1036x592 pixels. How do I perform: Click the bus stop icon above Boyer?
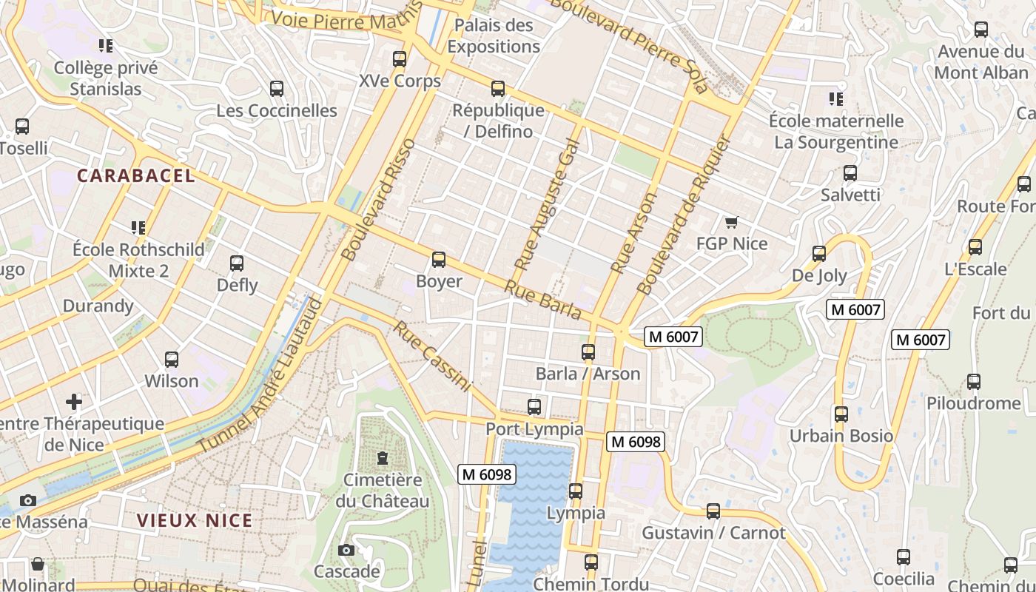tap(439, 260)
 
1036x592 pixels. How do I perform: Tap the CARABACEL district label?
tap(136, 176)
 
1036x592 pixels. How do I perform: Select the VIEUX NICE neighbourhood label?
tap(195, 520)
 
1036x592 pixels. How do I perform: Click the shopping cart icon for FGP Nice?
tap(732, 222)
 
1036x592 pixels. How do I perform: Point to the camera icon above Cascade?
tap(346, 550)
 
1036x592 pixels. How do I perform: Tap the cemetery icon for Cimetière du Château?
tap(383, 458)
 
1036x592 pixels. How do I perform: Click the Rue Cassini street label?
tap(432, 356)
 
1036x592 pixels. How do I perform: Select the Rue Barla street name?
tap(543, 300)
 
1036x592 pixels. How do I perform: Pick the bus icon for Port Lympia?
tap(534, 406)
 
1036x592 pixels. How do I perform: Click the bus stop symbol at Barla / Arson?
tap(588, 352)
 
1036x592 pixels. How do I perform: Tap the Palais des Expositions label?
tap(494, 36)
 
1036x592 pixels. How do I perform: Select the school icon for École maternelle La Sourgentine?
tap(836, 98)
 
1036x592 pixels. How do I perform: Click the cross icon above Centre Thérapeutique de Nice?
tap(74, 402)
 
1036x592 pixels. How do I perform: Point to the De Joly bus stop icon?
tap(819, 254)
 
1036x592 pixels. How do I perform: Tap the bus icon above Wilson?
tap(172, 360)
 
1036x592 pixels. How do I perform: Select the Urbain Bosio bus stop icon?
tap(841, 414)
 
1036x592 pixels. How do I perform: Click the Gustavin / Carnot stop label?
tap(713, 533)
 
